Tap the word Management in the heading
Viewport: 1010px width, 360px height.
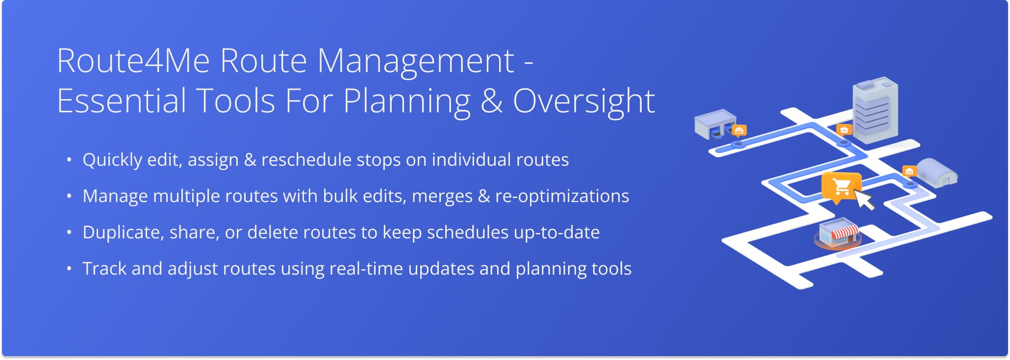[415, 62]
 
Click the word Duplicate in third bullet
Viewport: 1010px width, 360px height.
[122, 232]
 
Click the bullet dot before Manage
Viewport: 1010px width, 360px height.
[69, 196]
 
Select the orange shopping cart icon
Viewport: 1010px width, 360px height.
[841, 186]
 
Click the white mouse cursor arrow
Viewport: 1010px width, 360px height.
[865, 201]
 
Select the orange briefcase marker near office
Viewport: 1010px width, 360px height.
[844, 130]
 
